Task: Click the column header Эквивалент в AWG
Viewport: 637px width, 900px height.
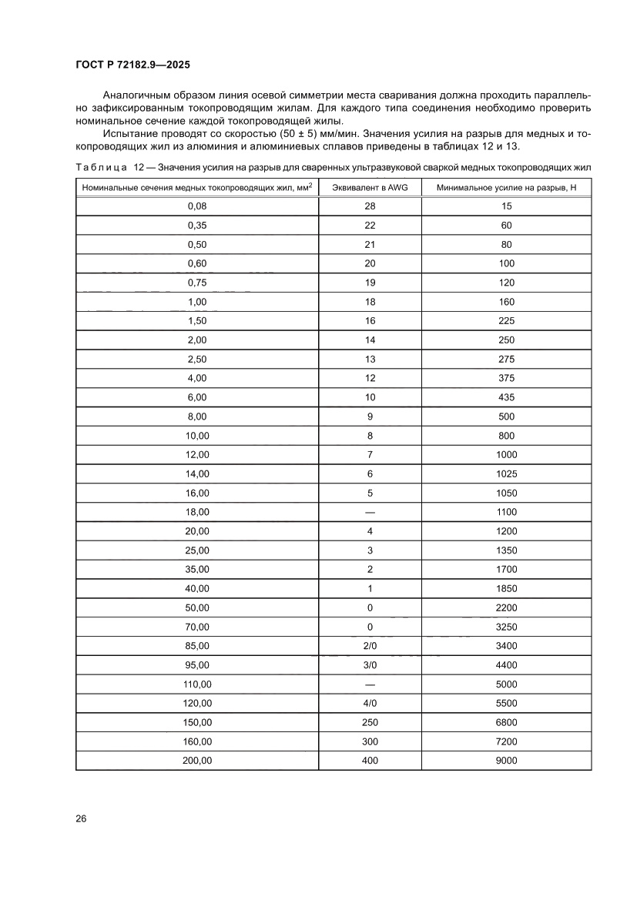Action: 369,188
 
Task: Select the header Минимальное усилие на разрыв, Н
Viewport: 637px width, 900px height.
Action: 506,188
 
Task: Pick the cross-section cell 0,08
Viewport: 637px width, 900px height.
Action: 197,206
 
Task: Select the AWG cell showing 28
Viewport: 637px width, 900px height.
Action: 369,206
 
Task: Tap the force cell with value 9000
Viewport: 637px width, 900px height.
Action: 506,761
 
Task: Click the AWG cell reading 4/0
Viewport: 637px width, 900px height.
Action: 369,704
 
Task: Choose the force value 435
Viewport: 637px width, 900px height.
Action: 506,397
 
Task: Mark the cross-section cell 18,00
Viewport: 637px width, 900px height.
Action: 197,512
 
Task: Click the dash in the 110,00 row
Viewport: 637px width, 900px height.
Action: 369,684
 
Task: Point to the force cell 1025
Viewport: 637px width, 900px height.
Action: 506,473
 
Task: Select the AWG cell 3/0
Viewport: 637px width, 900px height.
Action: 369,665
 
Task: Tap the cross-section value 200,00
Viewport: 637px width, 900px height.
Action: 197,761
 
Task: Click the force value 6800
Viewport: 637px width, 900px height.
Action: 506,723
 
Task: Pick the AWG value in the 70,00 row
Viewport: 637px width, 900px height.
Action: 369,627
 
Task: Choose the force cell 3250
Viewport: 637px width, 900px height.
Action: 506,627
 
